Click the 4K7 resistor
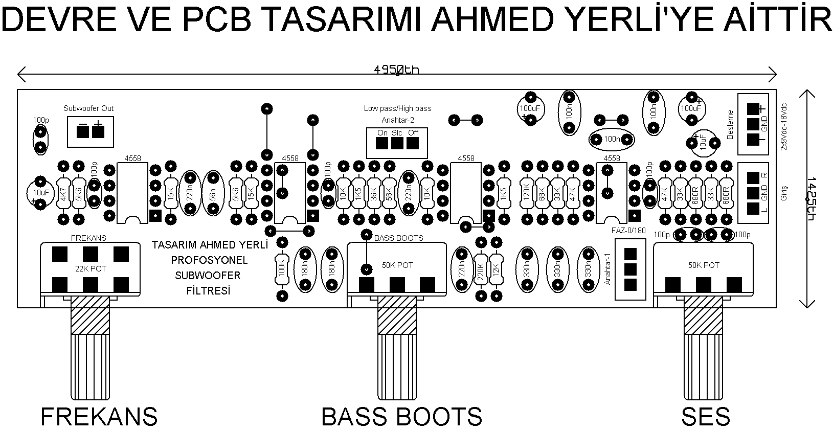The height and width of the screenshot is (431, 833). pyautogui.click(x=63, y=193)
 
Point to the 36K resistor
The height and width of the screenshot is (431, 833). pyautogui.click(x=374, y=193)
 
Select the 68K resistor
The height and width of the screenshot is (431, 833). pyautogui.click(x=542, y=193)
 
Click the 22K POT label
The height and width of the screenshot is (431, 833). pyautogui.click(x=91, y=268)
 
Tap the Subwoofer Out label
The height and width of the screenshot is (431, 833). pyautogui.click(x=88, y=108)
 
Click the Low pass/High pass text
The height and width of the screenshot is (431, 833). pyautogui.click(x=397, y=108)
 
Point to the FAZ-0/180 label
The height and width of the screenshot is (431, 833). pyautogui.click(x=628, y=230)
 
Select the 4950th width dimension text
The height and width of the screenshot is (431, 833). pyautogui.click(x=396, y=70)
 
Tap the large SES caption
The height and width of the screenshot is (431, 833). pyautogui.click(x=706, y=417)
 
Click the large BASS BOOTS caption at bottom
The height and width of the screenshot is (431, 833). pyautogui.click(x=401, y=417)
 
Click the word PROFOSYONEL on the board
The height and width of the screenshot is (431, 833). pyautogui.click(x=209, y=260)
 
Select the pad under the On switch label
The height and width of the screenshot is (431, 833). pyautogui.click(x=382, y=144)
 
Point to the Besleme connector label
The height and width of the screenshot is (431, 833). pyautogui.click(x=730, y=124)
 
